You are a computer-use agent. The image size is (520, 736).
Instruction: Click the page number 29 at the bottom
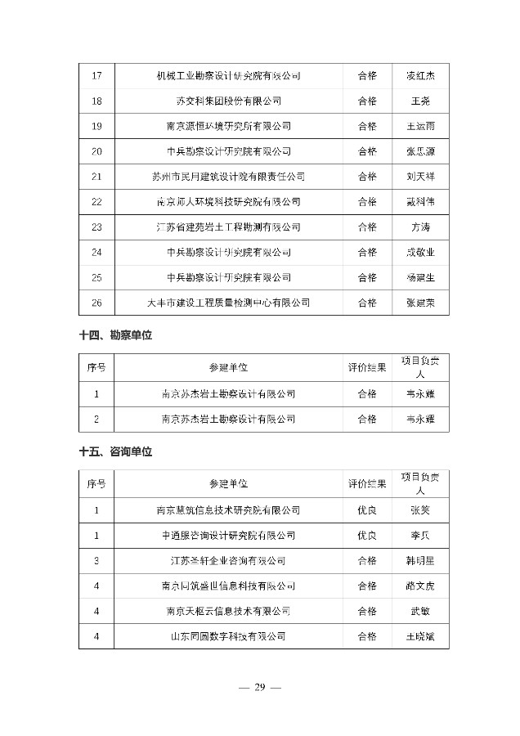(x=259, y=687)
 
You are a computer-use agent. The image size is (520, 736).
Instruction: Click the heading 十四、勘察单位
(x=116, y=335)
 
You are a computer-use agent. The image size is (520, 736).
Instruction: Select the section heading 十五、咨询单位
(x=116, y=451)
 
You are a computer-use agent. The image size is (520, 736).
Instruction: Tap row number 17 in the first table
(x=96, y=76)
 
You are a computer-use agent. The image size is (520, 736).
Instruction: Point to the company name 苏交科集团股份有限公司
(x=228, y=101)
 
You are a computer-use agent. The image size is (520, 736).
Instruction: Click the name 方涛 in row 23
(x=420, y=227)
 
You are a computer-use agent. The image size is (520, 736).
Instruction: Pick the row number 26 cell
(x=96, y=303)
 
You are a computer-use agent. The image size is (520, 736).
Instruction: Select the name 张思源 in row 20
(x=420, y=151)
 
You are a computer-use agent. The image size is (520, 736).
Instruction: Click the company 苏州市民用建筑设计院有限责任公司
(x=228, y=177)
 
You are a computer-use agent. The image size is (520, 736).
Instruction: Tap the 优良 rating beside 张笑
(x=367, y=510)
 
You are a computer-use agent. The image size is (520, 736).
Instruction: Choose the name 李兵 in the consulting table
(x=420, y=536)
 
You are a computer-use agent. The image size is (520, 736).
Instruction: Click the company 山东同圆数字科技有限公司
(x=228, y=636)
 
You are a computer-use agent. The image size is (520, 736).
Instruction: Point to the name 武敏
(x=420, y=611)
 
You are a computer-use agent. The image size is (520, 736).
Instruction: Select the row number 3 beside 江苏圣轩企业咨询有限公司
(x=96, y=561)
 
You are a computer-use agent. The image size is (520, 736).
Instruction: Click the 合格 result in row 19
(x=367, y=127)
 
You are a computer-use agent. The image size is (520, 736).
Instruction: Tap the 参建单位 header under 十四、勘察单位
(x=228, y=368)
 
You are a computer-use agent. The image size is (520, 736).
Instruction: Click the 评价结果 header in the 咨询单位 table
(x=367, y=484)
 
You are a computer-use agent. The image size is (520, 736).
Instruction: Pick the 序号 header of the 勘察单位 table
(x=96, y=368)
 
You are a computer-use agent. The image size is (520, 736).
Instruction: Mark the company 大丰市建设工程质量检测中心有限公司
(x=228, y=303)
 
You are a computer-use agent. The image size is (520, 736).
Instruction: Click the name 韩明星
(x=420, y=561)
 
